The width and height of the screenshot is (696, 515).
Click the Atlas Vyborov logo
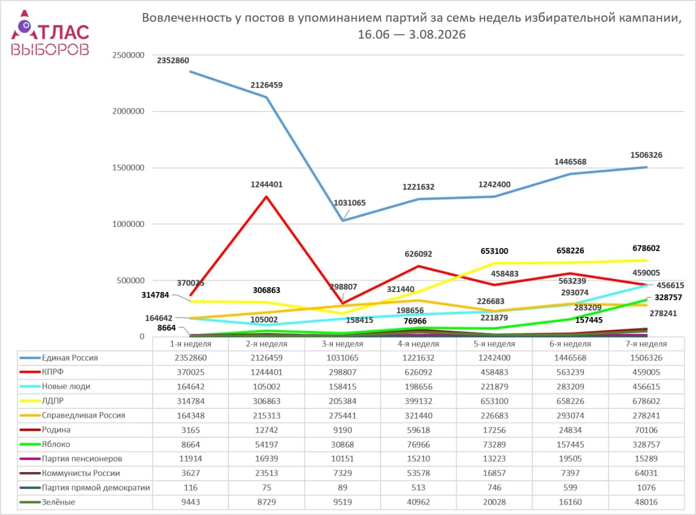click(x=50, y=33)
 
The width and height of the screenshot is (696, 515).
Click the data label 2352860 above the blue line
click(x=173, y=60)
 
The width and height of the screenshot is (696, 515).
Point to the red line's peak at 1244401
click(x=266, y=196)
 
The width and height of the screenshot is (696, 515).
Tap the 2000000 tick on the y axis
click(x=128, y=111)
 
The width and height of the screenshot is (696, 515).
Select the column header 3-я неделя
click(x=343, y=344)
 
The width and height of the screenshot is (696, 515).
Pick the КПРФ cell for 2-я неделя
click(x=266, y=372)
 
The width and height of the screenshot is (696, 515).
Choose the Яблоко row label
click(x=56, y=444)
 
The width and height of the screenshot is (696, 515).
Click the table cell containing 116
click(x=190, y=487)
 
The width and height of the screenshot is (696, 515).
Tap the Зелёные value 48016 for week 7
click(x=646, y=502)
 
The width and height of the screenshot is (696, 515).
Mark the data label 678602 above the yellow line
click(x=646, y=248)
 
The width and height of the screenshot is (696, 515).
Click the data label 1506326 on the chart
click(x=646, y=155)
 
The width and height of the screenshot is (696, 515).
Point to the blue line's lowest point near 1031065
click(x=343, y=220)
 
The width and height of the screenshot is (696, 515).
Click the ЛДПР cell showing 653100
click(x=494, y=401)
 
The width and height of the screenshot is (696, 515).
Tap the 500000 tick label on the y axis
click(x=130, y=280)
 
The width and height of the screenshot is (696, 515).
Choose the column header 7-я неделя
click(x=646, y=344)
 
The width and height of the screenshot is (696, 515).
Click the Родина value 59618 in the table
click(x=418, y=430)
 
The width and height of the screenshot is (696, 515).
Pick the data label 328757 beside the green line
click(x=668, y=297)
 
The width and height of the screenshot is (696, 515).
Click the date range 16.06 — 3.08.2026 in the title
click(x=412, y=34)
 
